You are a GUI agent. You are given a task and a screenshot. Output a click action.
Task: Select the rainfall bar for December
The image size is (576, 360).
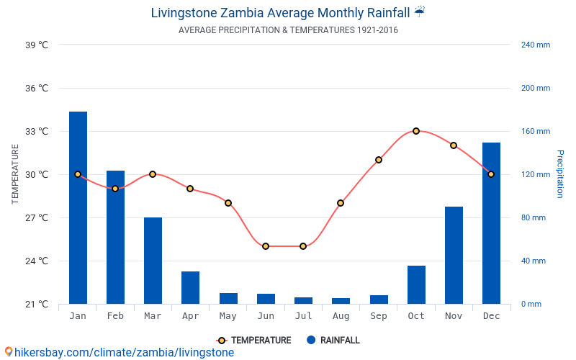pyautogui.click(x=491, y=223)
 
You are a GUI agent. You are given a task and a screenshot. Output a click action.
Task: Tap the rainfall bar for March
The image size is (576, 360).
pyautogui.click(x=153, y=261)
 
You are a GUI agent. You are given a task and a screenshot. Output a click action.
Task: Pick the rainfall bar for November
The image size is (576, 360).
pyautogui.click(x=454, y=255)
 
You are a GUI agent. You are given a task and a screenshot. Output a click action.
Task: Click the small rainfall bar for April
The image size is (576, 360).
pyautogui.click(x=190, y=287)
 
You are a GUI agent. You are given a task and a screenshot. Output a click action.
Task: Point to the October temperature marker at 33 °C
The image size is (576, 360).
pyautogui.click(x=416, y=131)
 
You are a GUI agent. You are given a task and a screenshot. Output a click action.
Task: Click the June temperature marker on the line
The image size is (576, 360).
pyautogui.click(x=266, y=246)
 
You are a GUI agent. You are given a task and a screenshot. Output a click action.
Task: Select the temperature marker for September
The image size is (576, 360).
pyautogui.click(x=379, y=160)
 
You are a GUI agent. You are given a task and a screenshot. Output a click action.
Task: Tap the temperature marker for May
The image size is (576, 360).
pyautogui.click(x=228, y=203)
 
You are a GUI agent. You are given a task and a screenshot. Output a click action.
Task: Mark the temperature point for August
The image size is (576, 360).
pyautogui.click(x=341, y=203)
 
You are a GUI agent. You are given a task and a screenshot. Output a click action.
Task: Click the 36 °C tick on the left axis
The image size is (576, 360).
pyautogui.click(x=37, y=88)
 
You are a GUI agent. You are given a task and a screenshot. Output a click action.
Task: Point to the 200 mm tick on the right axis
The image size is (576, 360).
pyautogui.click(x=535, y=88)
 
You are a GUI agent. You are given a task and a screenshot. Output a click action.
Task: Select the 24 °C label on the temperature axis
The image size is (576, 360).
pyautogui.click(x=37, y=261)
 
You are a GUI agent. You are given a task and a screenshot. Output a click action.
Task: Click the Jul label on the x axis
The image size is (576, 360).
pyautogui.click(x=303, y=316)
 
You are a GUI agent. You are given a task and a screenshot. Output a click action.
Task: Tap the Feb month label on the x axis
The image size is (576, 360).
pyautogui.click(x=115, y=316)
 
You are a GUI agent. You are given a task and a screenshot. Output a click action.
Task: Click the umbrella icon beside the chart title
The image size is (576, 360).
pyautogui.click(x=420, y=12)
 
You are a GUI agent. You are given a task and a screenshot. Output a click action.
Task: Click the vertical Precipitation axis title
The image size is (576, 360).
pyautogui.click(x=559, y=174)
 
